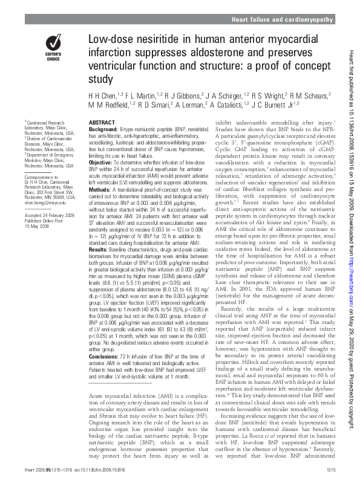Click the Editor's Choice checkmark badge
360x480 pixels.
(x=53, y=44)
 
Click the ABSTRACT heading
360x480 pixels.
(x=102, y=122)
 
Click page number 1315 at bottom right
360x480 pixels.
(x=330, y=470)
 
